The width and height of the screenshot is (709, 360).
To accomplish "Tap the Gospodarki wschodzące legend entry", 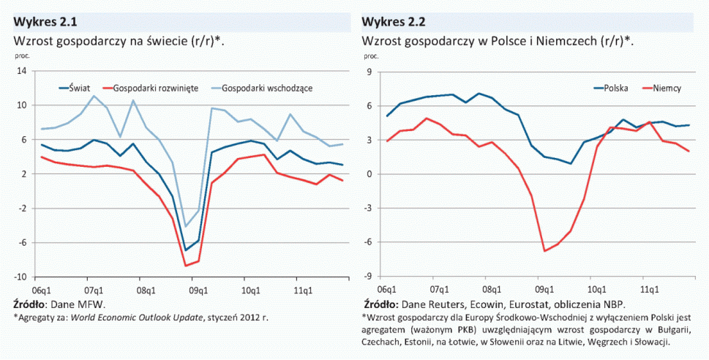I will tap(266, 88).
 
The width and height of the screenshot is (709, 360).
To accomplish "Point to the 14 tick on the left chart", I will tap(22, 71).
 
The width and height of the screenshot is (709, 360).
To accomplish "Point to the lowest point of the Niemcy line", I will tap(544, 251).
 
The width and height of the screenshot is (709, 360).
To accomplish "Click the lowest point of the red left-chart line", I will tap(187, 266).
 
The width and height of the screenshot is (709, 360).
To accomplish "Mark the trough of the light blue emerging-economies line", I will tap(186, 226).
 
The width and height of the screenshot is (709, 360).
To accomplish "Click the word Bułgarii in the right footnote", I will tap(655, 329).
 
